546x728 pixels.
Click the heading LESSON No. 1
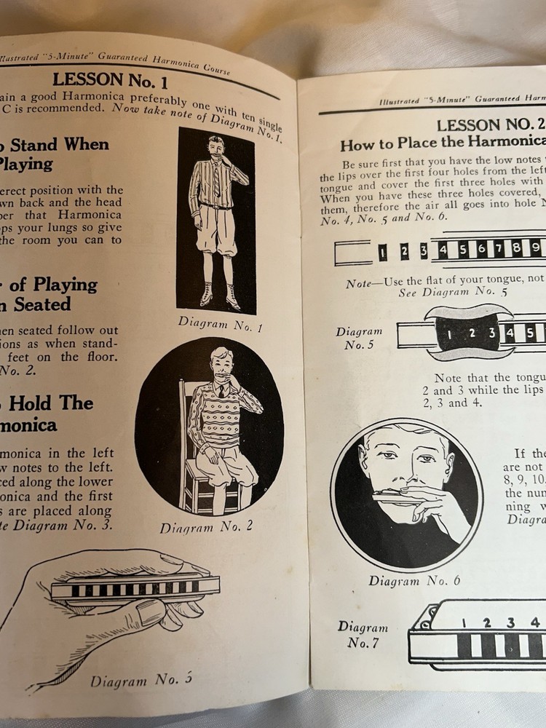[111, 79]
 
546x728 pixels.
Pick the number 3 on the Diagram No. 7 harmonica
[511, 622]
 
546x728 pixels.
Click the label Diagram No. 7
[361, 634]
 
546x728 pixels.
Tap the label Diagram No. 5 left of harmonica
[359, 338]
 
